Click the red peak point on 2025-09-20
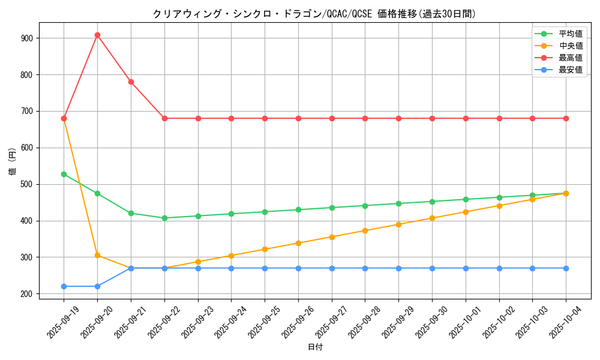pyautogui.click(x=97, y=35)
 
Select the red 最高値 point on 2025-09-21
pyautogui.click(x=131, y=82)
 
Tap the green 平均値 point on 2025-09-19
pyautogui.click(x=64, y=174)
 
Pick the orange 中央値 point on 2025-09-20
pyautogui.click(x=97, y=255)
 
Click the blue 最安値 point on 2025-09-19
pyautogui.click(x=64, y=286)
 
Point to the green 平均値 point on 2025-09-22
pyautogui.click(x=164, y=218)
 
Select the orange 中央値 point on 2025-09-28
pyautogui.click(x=365, y=230)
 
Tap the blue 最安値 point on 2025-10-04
pyautogui.click(x=566, y=268)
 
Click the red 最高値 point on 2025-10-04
pyautogui.click(x=566, y=118)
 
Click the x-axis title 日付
pyautogui.click(x=315, y=347)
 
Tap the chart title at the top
pyautogui.click(x=314, y=14)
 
